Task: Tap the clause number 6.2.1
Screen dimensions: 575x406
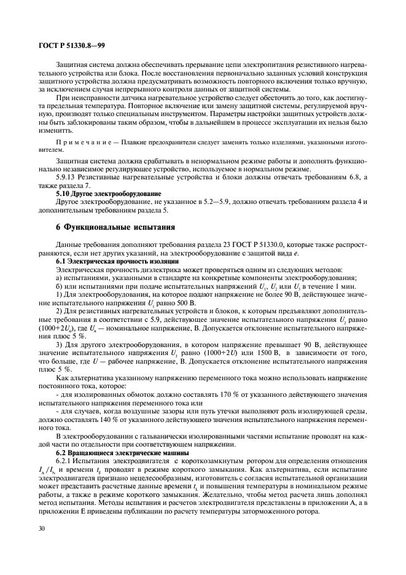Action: pos(65,461)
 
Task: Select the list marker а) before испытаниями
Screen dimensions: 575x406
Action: pos(59,278)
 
